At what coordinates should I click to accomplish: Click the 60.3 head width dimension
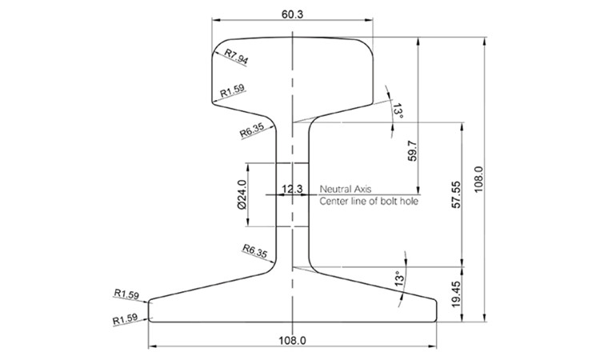tap(293, 13)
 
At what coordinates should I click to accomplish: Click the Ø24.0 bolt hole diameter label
tap(240, 194)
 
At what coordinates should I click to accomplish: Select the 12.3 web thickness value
tap(292, 190)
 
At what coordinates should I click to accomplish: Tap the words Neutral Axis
tap(346, 189)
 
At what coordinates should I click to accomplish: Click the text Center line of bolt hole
tap(369, 202)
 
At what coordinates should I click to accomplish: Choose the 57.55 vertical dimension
tap(457, 194)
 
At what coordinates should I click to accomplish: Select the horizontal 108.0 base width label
tap(293, 341)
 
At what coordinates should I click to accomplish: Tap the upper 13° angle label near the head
tap(398, 111)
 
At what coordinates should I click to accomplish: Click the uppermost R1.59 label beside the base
tap(126, 294)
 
